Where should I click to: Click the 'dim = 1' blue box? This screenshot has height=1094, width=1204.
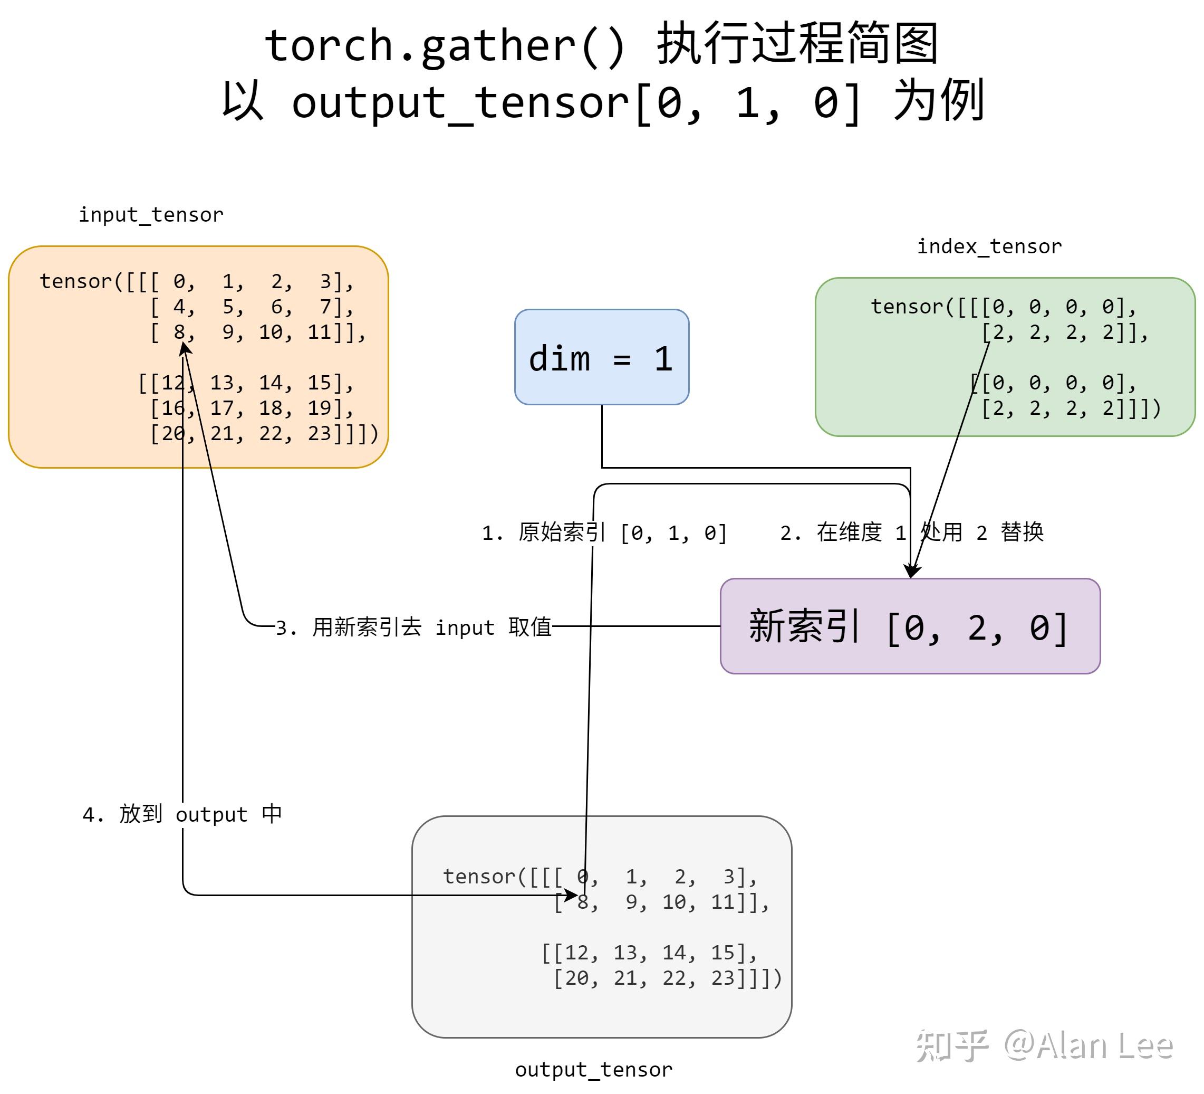(601, 357)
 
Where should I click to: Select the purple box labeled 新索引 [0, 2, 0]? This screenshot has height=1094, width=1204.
(910, 626)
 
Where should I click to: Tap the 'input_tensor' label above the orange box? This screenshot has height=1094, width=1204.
(151, 214)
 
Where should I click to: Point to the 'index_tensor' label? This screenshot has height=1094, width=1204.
(989, 246)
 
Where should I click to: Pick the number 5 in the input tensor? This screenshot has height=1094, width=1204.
(229, 307)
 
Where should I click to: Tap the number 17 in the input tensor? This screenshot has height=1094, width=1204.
(222, 408)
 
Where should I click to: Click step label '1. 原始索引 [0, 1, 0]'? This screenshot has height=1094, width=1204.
(604, 532)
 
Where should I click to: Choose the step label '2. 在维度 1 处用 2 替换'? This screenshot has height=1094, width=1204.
(911, 532)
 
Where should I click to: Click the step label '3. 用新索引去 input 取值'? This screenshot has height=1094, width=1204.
(413, 627)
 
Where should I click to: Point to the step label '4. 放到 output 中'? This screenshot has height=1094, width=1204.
(182, 814)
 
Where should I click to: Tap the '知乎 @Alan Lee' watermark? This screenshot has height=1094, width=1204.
(1044, 1045)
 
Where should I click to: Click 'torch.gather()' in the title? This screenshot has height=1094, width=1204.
(445, 45)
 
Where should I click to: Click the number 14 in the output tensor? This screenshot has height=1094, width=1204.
(675, 953)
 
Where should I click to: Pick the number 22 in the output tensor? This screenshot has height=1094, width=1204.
(675, 978)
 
